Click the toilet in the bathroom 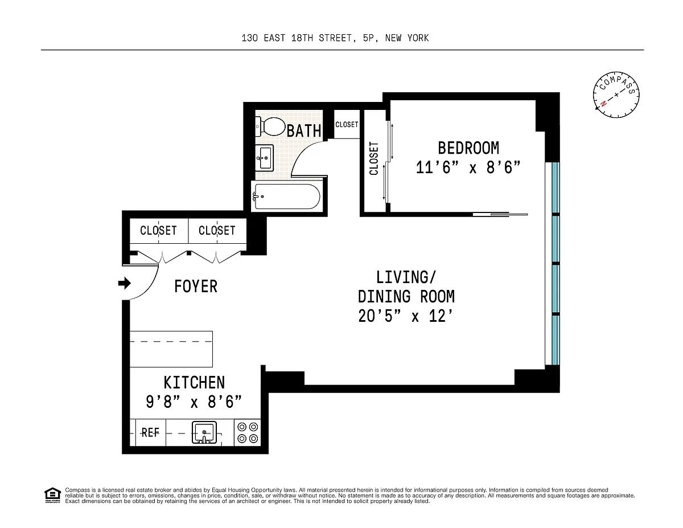pyautogui.click(x=270, y=127)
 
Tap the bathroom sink pyautogui.click(x=264, y=157)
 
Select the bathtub pyautogui.click(x=287, y=197)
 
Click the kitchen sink pyautogui.click(x=204, y=432)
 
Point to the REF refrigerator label pyautogui.click(x=150, y=433)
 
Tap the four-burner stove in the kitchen pyautogui.click(x=248, y=433)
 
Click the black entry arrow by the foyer pyautogui.click(x=125, y=283)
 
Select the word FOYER pyautogui.click(x=195, y=286)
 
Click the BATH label pyautogui.click(x=303, y=131)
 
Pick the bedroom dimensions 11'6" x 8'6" pyautogui.click(x=468, y=167)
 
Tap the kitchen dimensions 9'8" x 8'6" pyautogui.click(x=194, y=402)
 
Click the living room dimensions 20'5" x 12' pyautogui.click(x=405, y=316)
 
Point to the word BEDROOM pyautogui.click(x=468, y=148)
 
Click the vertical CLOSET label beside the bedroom pyautogui.click(x=374, y=158)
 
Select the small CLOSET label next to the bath pyautogui.click(x=347, y=125)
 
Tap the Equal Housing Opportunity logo pyautogui.click(x=52, y=496)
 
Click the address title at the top pyautogui.click(x=335, y=38)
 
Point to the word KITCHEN pyautogui.click(x=194, y=383)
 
